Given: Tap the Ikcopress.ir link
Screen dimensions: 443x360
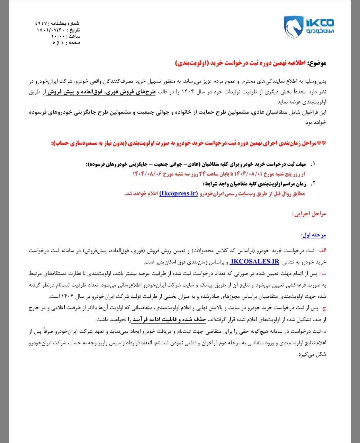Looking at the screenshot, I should click(179, 193).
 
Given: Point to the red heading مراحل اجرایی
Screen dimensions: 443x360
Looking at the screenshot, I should click(309, 214).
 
